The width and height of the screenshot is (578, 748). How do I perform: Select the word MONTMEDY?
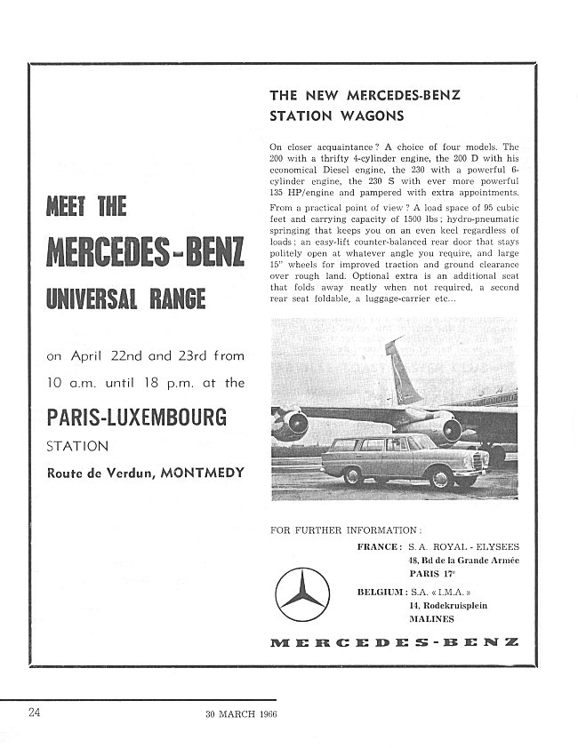[x=203, y=472]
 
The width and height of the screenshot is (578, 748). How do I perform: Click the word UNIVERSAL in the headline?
[x=86, y=297]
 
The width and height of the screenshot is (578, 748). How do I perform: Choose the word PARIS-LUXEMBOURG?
[x=136, y=417]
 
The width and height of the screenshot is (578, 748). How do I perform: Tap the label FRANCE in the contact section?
[x=378, y=547]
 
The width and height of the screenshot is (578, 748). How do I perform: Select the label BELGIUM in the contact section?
[x=375, y=591]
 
